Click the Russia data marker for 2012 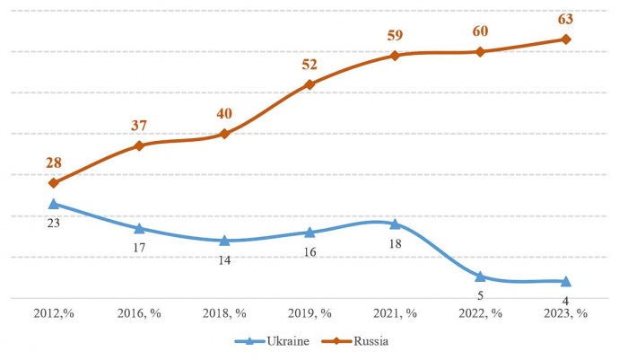coord(53,183)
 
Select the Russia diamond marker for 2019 coord(309,84)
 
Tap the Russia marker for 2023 coord(566,40)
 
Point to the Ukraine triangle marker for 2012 coord(53,204)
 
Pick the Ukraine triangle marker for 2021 coord(395,224)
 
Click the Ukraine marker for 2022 coord(481,277)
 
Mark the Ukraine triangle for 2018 coord(224,241)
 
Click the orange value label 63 coord(565,18)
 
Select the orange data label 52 coord(309,64)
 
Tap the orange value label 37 coord(138,125)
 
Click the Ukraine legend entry coord(270,341)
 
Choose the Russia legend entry coord(356,341)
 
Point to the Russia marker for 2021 coord(395,56)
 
